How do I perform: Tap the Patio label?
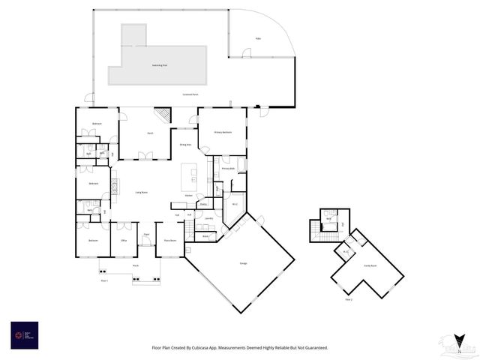[258, 37]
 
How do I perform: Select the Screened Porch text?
[190, 94]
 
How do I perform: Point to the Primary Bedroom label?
[223, 132]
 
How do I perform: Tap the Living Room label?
[140, 193]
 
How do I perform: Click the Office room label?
[123, 241]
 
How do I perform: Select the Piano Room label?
[169, 241]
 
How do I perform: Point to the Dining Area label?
[184, 144]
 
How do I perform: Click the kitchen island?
[189, 178]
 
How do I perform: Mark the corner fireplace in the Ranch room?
[163, 115]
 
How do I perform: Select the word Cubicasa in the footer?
[211, 348]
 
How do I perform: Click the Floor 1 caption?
[105, 280]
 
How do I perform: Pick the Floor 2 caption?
[348, 298]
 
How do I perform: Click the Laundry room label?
[208, 219]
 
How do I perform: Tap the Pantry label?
[203, 203]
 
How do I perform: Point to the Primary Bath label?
[227, 169]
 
